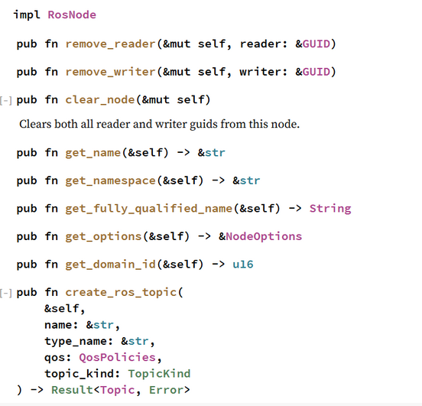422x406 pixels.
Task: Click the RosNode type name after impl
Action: coord(72,15)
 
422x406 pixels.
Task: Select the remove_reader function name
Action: coord(111,44)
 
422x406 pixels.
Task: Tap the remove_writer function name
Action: coord(111,72)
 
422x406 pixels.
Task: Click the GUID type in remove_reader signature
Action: coord(316,44)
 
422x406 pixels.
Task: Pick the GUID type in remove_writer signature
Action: coord(316,72)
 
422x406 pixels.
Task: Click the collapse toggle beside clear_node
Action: coord(6,101)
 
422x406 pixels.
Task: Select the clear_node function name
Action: coord(100,100)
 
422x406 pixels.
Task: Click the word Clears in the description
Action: coord(35,124)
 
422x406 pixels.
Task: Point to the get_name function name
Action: coord(93,153)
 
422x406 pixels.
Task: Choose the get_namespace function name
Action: coord(111,180)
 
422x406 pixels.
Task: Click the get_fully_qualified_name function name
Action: coord(149,209)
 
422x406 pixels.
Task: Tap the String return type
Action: coord(330,209)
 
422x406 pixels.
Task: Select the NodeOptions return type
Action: coord(264,236)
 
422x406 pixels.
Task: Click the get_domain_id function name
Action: coord(111,265)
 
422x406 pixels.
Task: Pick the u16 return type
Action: coord(243,265)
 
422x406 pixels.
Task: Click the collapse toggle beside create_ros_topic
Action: coord(6,293)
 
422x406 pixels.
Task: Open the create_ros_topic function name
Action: coord(121,292)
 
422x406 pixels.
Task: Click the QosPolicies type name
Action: coord(117,358)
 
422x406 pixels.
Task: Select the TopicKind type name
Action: coord(159,374)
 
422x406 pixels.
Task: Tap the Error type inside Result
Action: coord(166,390)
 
